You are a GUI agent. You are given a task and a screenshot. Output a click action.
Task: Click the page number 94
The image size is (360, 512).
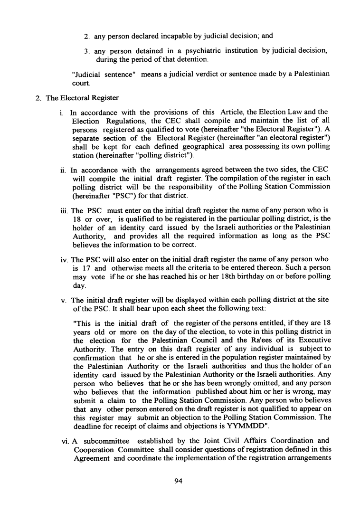pyautogui.click(x=179, y=482)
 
